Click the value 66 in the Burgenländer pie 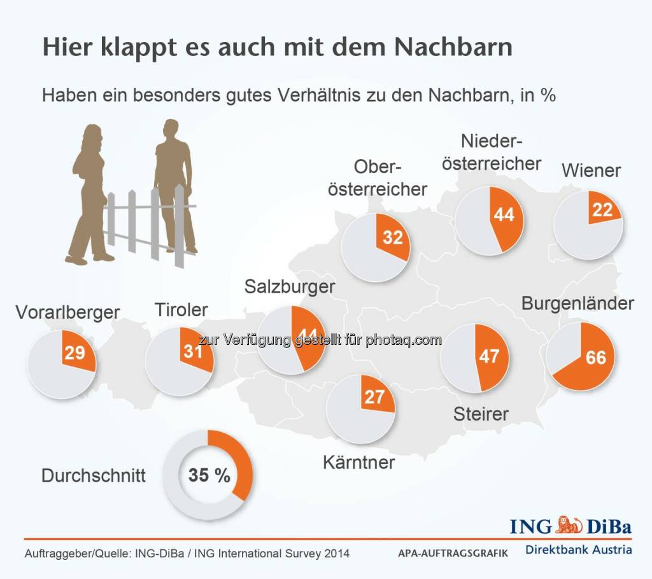[x=596, y=358]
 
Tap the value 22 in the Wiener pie [x=602, y=211]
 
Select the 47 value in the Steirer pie [x=489, y=356]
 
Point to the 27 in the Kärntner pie [x=374, y=397]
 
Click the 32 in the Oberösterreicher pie [x=393, y=237]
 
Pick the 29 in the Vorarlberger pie [x=74, y=352]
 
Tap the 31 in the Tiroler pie [x=192, y=351]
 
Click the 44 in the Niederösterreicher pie [x=504, y=215]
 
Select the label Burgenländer [x=578, y=303]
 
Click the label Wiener [x=591, y=171]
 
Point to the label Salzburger [x=290, y=287]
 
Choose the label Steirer [x=481, y=414]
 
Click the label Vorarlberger [x=68, y=312]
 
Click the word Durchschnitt [x=94, y=476]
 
